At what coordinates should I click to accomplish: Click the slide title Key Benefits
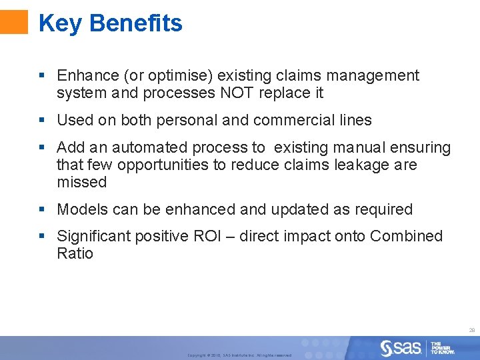tap(110, 23)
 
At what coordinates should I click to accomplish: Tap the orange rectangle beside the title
tap(14, 21)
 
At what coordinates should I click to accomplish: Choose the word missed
tap(81, 182)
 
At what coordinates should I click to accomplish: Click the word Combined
tap(406, 236)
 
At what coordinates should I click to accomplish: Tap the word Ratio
tap(75, 253)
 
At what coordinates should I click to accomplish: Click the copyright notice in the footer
tap(239, 355)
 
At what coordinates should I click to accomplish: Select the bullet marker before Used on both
tap(42, 121)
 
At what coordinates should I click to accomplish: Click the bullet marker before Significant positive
tap(42, 236)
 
